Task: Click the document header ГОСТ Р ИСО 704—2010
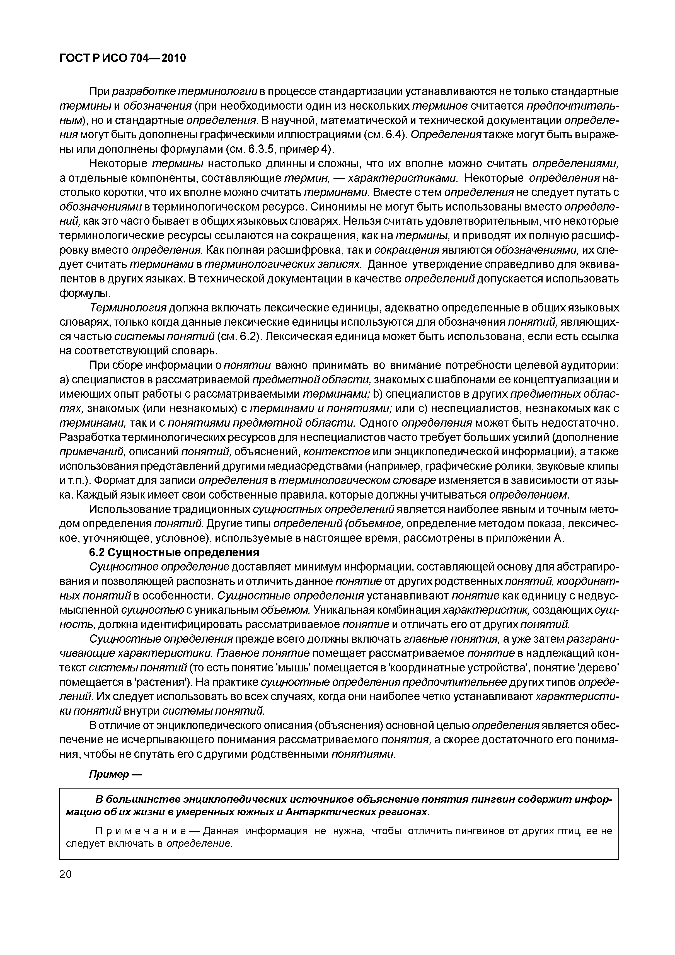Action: coord(123,59)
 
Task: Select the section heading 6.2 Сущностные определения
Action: coord(175,552)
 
